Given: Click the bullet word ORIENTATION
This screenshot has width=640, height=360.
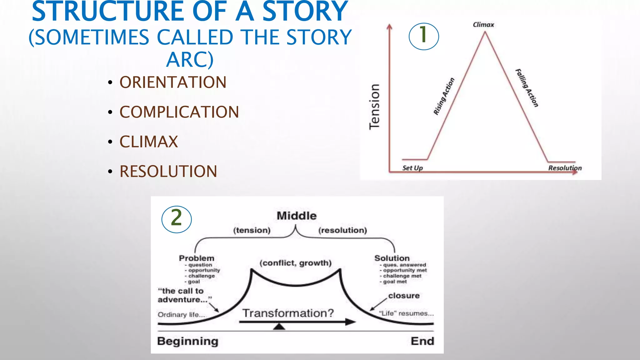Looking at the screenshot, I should [173, 82].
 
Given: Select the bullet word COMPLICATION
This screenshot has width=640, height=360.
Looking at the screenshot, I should [179, 112].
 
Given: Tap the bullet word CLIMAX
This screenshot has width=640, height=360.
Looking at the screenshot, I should [149, 142].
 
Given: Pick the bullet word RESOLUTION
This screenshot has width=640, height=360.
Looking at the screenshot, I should [168, 172].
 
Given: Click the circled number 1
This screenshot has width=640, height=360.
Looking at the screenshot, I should [424, 36].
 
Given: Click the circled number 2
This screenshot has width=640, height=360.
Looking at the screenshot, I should [177, 219].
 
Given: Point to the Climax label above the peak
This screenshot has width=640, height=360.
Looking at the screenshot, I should [483, 25].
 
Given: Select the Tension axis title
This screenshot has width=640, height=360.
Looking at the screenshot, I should [374, 107].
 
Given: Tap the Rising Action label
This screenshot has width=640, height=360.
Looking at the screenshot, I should [444, 96].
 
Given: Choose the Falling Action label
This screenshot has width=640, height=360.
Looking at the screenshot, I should [527, 88].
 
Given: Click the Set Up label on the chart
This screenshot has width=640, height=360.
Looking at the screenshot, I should [412, 168].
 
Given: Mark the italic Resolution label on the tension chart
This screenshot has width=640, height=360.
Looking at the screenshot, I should [565, 168].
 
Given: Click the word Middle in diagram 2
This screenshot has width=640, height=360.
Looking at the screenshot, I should [297, 216].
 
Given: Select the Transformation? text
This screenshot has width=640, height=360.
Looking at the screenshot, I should [288, 313].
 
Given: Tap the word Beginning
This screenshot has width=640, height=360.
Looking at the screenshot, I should [187, 341].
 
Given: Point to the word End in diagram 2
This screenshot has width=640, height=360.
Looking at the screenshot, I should [422, 341].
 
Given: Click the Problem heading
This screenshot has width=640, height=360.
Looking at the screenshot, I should [197, 258].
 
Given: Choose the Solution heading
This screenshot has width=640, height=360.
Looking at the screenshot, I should [392, 258].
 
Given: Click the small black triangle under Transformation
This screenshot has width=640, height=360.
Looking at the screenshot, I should [279, 327].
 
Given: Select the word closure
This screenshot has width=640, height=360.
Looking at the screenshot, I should [404, 296].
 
